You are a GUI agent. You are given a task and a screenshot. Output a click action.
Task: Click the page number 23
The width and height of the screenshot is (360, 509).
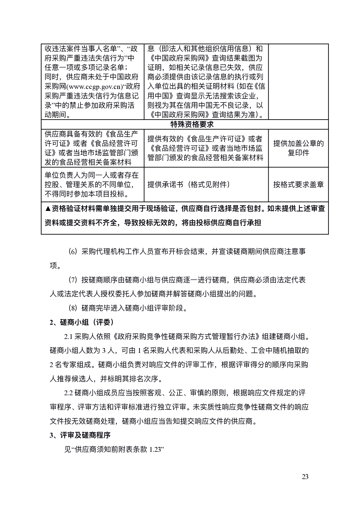click(305, 477)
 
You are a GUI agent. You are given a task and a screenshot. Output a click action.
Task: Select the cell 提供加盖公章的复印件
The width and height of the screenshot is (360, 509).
click(298, 148)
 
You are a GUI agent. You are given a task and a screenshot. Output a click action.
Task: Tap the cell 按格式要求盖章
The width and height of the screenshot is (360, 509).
click(298, 184)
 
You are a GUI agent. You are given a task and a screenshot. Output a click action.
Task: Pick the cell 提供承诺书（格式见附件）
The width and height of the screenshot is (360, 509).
click(188, 184)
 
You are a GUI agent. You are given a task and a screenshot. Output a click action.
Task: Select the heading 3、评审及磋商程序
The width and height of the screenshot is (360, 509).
click(80, 435)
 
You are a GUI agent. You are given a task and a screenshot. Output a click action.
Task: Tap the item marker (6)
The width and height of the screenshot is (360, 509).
click(73, 252)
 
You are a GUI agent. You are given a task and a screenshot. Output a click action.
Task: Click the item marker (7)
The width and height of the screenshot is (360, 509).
click(73, 280)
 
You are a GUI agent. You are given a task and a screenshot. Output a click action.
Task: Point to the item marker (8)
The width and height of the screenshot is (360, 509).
click(73, 308)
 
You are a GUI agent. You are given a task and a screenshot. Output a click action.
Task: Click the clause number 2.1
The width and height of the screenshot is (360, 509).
click(68, 337)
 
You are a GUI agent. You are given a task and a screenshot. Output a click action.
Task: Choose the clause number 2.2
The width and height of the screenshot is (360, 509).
click(68, 393)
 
